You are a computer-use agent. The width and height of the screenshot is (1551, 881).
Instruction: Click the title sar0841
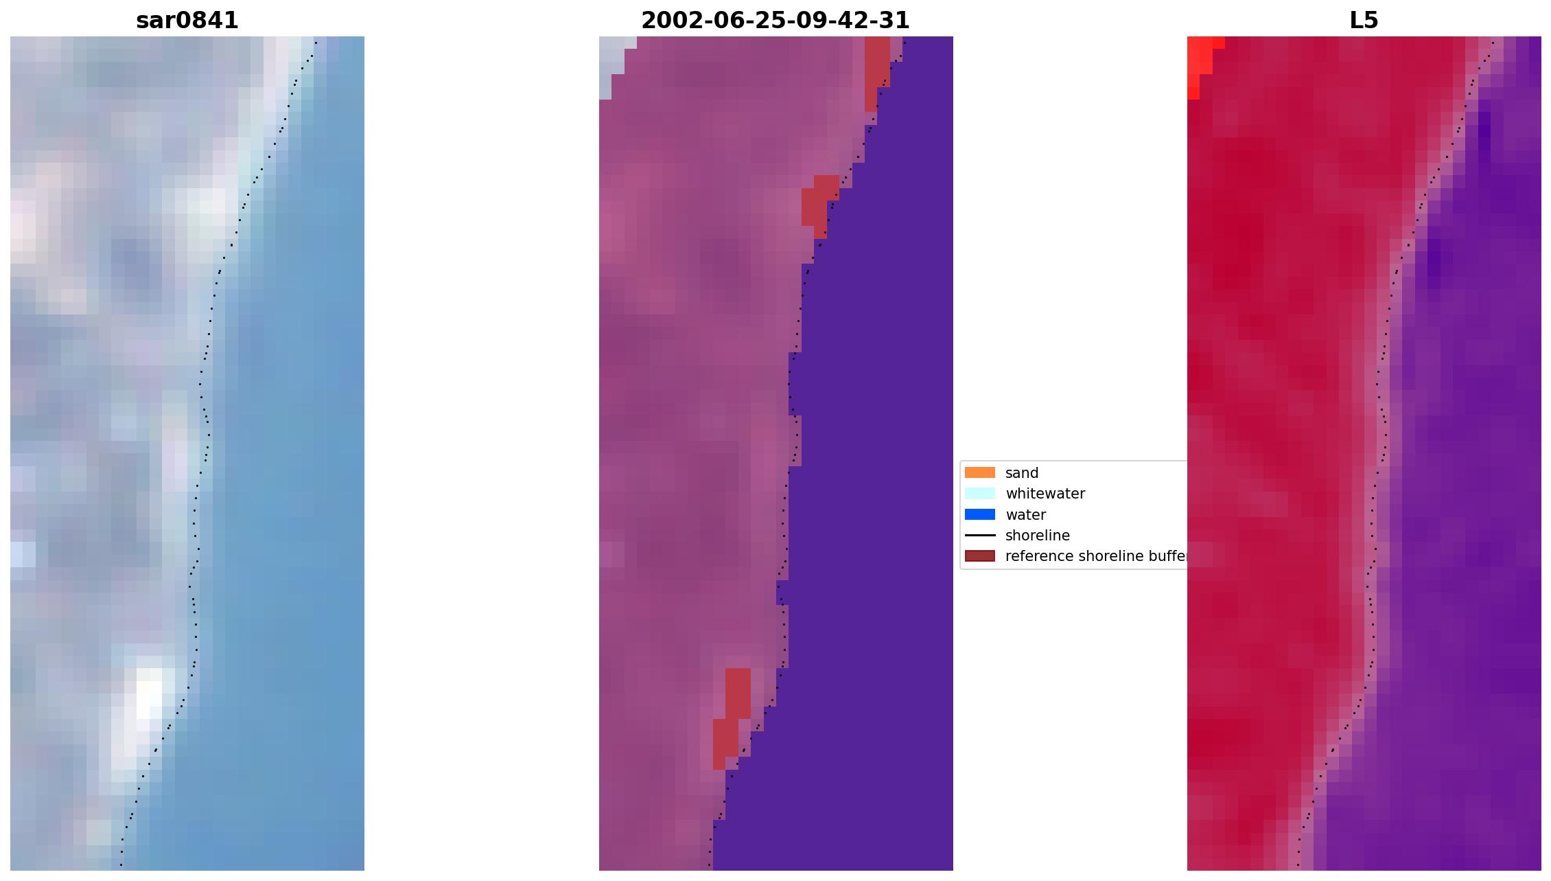click(187, 21)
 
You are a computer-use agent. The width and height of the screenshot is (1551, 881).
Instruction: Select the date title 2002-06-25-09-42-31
click(775, 21)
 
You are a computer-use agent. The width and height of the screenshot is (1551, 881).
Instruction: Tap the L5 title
click(1363, 21)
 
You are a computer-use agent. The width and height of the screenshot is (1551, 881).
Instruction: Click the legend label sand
click(1021, 473)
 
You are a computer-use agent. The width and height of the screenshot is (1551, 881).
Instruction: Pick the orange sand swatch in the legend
click(979, 473)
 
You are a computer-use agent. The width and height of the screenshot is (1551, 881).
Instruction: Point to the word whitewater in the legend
click(1045, 494)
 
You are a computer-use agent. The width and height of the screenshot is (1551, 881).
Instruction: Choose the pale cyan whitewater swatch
click(979, 494)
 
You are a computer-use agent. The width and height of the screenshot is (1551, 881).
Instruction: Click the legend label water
click(1025, 515)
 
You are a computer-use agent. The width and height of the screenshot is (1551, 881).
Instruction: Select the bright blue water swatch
click(979, 515)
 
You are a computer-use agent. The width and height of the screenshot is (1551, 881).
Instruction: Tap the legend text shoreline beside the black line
click(1037, 536)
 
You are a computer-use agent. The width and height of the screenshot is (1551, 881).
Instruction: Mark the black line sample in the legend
click(979, 536)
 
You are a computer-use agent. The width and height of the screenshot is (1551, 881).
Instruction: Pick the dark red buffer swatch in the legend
click(979, 556)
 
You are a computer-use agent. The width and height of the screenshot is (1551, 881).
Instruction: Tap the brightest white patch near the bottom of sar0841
click(149, 690)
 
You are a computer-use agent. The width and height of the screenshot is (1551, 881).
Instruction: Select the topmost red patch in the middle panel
click(876, 65)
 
